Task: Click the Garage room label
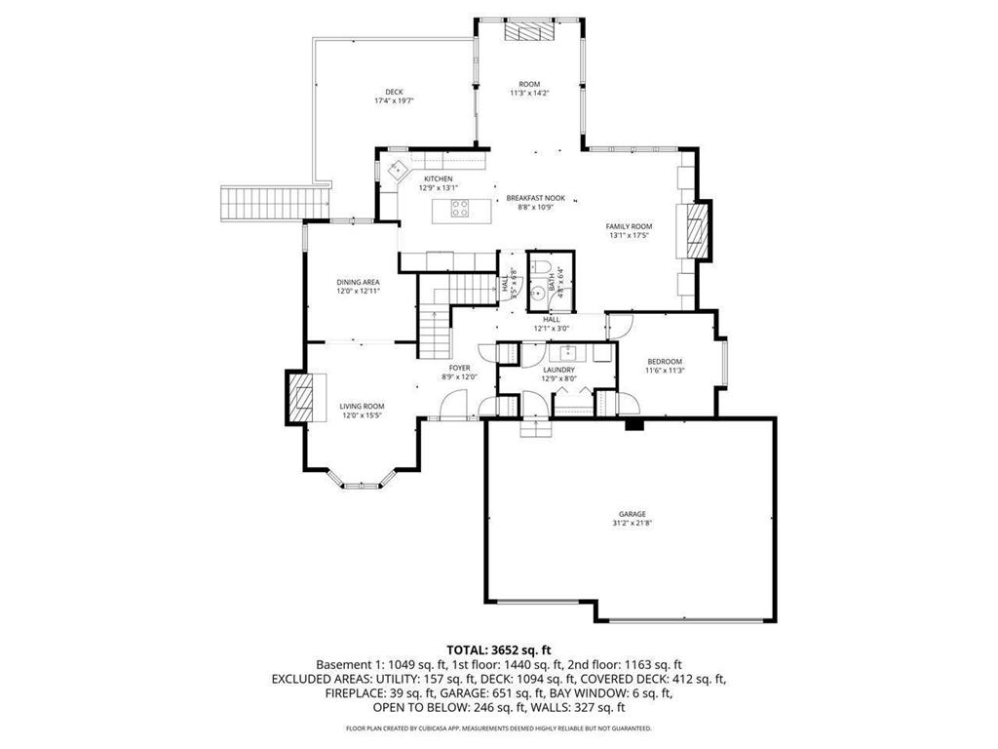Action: pyautogui.click(x=632, y=514)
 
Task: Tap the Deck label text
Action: pyautogui.click(x=394, y=92)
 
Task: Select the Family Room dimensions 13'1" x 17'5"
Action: pyautogui.click(x=628, y=235)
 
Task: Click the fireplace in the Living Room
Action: pyautogui.click(x=300, y=396)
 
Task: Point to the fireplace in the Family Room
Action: pyautogui.click(x=696, y=230)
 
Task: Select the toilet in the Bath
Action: pyautogui.click(x=544, y=268)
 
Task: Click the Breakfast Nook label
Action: pyautogui.click(x=535, y=198)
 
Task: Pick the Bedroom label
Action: pyautogui.click(x=665, y=362)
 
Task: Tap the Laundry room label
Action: pyautogui.click(x=557, y=370)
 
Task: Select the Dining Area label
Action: pyautogui.click(x=358, y=282)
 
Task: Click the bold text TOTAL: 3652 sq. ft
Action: pyautogui.click(x=499, y=649)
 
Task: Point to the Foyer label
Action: pyautogui.click(x=460, y=368)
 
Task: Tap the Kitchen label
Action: pyautogui.click(x=438, y=178)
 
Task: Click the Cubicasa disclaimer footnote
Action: pyautogui.click(x=499, y=729)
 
